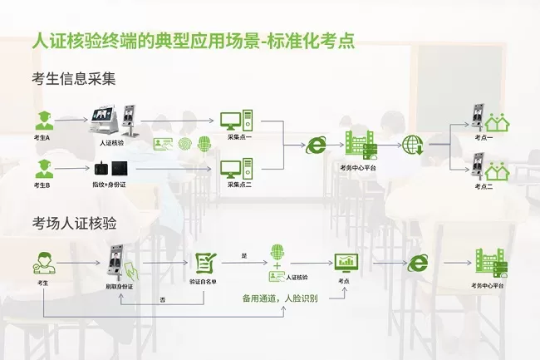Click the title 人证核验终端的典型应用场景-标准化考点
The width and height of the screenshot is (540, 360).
[x=193, y=41]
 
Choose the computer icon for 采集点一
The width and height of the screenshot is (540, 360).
[x=231, y=120]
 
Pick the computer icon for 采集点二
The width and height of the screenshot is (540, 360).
[x=231, y=169]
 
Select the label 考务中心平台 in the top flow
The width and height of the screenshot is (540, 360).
[x=358, y=168]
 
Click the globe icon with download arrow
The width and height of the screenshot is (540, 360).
[x=413, y=145]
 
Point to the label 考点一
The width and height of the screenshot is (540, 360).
[x=484, y=138]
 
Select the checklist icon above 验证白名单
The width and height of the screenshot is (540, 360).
[x=204, y=263]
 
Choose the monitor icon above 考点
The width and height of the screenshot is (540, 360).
[x=345, y=263]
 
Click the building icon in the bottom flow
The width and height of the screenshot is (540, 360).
[x=490, y=263]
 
